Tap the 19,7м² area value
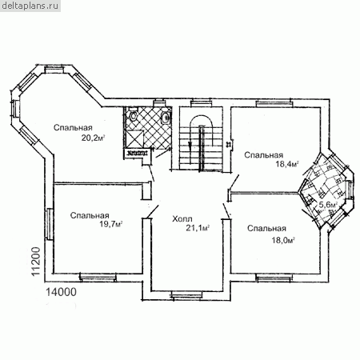click(x=111, y=224)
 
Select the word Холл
click(x=182, y=219)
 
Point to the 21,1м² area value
click(x=198, y=228)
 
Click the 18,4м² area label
click(x=287, y=164)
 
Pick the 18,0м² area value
click(x=283, y=240)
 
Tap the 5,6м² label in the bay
click(x=329, y=205)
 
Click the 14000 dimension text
click(x=61, y=292)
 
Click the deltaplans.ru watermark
click(x=30, y=6)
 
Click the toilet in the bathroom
click(x=133, y=115)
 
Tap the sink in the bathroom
click(x=166, y=116)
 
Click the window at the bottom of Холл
click(x=186, y=295)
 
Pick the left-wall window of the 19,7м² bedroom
click(x=49, y=224)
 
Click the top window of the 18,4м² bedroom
click(x=274, y=103)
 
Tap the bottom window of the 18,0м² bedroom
click(x=274, y=278)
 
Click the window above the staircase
click(x=201, y=102)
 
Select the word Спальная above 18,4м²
click(x=264, y=155)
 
